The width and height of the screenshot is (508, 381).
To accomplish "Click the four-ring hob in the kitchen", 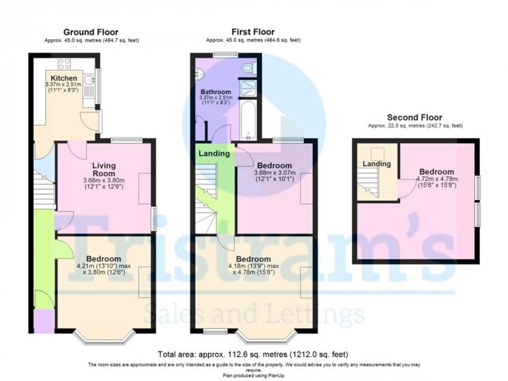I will [x=64, y=63].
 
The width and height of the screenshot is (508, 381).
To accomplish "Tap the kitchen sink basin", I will [x=89, y=80].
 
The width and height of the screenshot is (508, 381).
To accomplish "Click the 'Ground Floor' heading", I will [x=91, y=32].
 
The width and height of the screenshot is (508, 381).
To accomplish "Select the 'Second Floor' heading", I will [x=414, y=118].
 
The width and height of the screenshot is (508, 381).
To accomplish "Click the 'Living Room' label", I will [x=104, y=169].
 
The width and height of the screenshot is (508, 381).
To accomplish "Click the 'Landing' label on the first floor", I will [x=214, y=153].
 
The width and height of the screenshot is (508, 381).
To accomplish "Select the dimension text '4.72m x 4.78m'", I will [x=436, y=179].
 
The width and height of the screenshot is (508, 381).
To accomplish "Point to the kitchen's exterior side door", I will [x=100, y=121].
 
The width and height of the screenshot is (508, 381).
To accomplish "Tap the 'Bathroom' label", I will [x=216, y=92].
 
